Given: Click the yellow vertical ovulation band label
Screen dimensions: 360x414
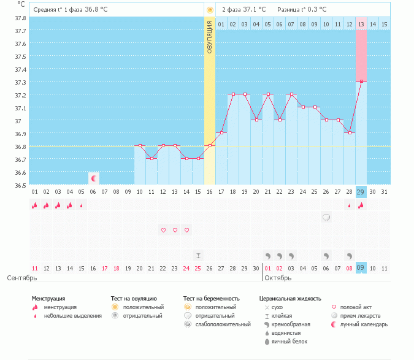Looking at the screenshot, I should (210, 37).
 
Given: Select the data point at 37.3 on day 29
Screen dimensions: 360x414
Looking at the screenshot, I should (361, 81).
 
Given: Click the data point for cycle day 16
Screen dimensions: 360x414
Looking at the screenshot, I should (210, 145).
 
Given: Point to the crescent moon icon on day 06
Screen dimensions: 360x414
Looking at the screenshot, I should (94, 178).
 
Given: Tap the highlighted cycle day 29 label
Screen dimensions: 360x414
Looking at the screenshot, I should (361, 192).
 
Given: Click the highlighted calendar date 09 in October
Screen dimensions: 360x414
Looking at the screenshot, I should (361, 268).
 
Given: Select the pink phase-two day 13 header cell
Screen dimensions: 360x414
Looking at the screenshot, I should (361, 24).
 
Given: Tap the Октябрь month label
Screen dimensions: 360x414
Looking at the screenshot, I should (278, 278).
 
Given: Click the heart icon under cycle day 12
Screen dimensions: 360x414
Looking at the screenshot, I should (163, 230).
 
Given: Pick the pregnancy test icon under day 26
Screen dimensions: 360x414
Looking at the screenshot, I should (326, 217).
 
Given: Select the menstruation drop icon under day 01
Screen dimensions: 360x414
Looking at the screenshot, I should (35, 205).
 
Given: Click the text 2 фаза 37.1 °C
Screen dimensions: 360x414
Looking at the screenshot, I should (244, 10).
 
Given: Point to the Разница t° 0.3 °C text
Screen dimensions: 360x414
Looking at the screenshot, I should (302, 10).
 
